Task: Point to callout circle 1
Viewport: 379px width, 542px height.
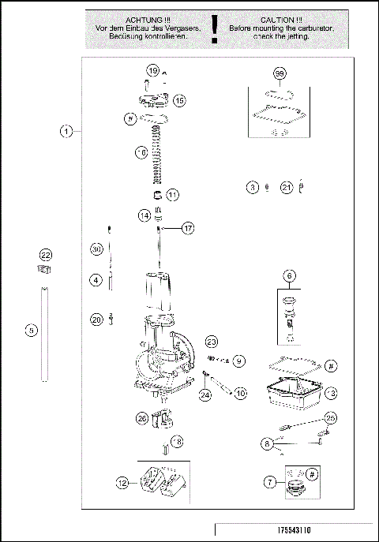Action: [69, 131]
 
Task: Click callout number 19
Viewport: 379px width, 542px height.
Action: [153, 71]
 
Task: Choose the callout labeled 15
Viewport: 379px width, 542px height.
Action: [179, 100]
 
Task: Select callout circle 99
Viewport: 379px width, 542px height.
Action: [280, 74]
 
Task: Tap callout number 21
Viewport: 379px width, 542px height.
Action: [287, 187]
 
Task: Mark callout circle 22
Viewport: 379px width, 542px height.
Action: [46, 256]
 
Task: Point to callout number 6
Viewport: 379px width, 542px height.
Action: [289, 276]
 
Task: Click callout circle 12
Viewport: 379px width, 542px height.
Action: [121, 482]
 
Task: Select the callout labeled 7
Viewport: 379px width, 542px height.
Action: [272, 480]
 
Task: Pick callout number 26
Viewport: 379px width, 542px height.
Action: [141, 418]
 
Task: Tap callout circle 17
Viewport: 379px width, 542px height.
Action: [187, 228]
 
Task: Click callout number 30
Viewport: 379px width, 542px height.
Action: [96, 249]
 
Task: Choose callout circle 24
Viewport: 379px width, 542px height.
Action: [205, 394]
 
